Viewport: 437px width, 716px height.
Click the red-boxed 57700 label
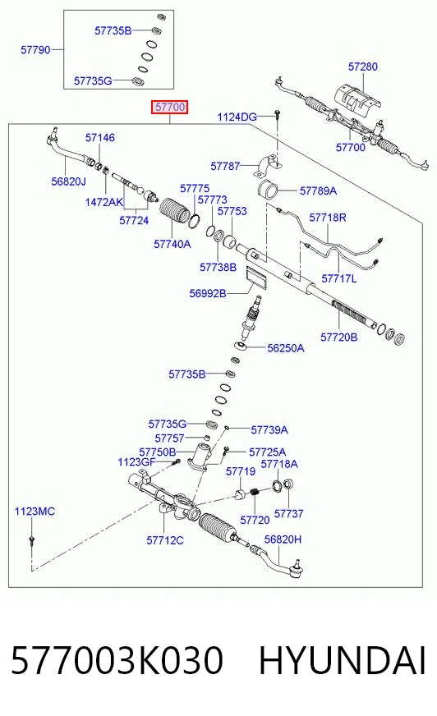point(170,108)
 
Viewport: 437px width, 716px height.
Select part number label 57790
point(35,49)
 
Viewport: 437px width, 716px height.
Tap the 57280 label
point(363,67)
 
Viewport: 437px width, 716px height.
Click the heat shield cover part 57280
point(356,99)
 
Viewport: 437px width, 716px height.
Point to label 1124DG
point(237,117)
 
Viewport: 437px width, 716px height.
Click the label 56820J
point(68,181)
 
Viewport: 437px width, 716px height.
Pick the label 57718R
point(328,218)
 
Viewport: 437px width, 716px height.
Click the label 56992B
point(208,293)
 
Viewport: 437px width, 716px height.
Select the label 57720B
point(338,337)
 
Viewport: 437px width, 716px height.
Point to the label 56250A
point(285,348)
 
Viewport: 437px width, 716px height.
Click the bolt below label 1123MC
point(31,540)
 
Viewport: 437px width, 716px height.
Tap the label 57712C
point(165,540)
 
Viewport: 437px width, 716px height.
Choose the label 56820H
point(283,539)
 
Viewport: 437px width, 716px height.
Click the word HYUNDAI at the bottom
point(343,660)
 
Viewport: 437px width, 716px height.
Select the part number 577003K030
point(117,660)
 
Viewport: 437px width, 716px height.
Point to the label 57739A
point(269,429)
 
